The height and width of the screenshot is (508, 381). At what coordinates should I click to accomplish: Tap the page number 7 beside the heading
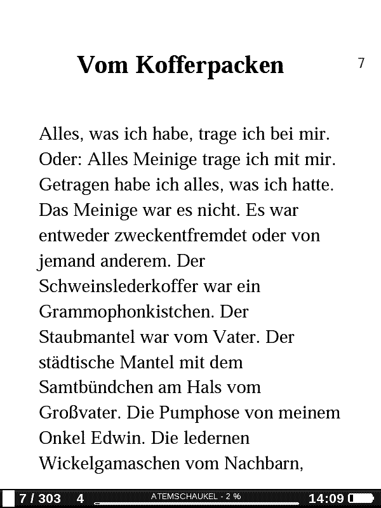coord(361,63)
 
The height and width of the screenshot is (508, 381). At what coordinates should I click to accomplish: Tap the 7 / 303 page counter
coord(40,498)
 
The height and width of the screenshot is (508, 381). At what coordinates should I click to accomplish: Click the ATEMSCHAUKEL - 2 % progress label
coord(196,495)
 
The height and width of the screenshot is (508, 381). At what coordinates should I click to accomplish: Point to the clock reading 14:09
coord(326,498)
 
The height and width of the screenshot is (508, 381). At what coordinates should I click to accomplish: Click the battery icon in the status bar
coord(360,498)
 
